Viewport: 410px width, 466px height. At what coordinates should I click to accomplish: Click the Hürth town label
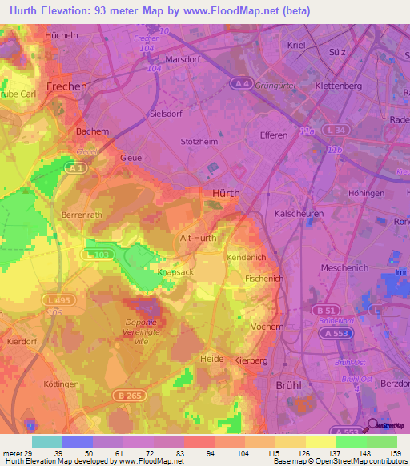pyautogui.click(x=226, y=193)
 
